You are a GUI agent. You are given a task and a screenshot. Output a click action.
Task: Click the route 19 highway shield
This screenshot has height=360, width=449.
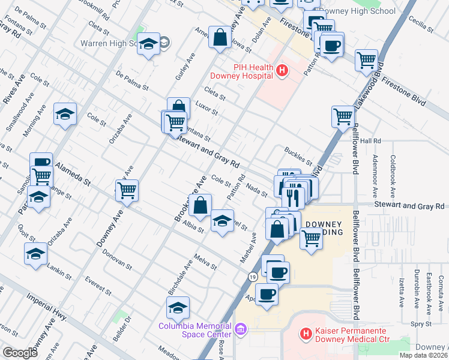point(253,275)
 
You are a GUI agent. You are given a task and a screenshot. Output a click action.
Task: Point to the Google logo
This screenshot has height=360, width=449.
point(20,353)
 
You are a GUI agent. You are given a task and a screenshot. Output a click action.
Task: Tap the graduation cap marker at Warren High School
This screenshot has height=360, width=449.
point(148,44)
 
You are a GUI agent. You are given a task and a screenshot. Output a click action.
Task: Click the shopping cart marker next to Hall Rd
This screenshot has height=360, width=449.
point(343,116)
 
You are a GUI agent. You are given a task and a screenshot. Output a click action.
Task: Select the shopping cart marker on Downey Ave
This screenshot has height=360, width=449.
point(127,190)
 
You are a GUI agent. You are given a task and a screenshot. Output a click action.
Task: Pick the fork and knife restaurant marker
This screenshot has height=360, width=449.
point(293,196)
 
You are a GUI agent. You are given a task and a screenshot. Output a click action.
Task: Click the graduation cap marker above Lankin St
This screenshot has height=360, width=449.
point(36,253)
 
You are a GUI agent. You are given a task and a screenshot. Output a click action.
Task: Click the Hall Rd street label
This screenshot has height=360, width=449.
point(370,140)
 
